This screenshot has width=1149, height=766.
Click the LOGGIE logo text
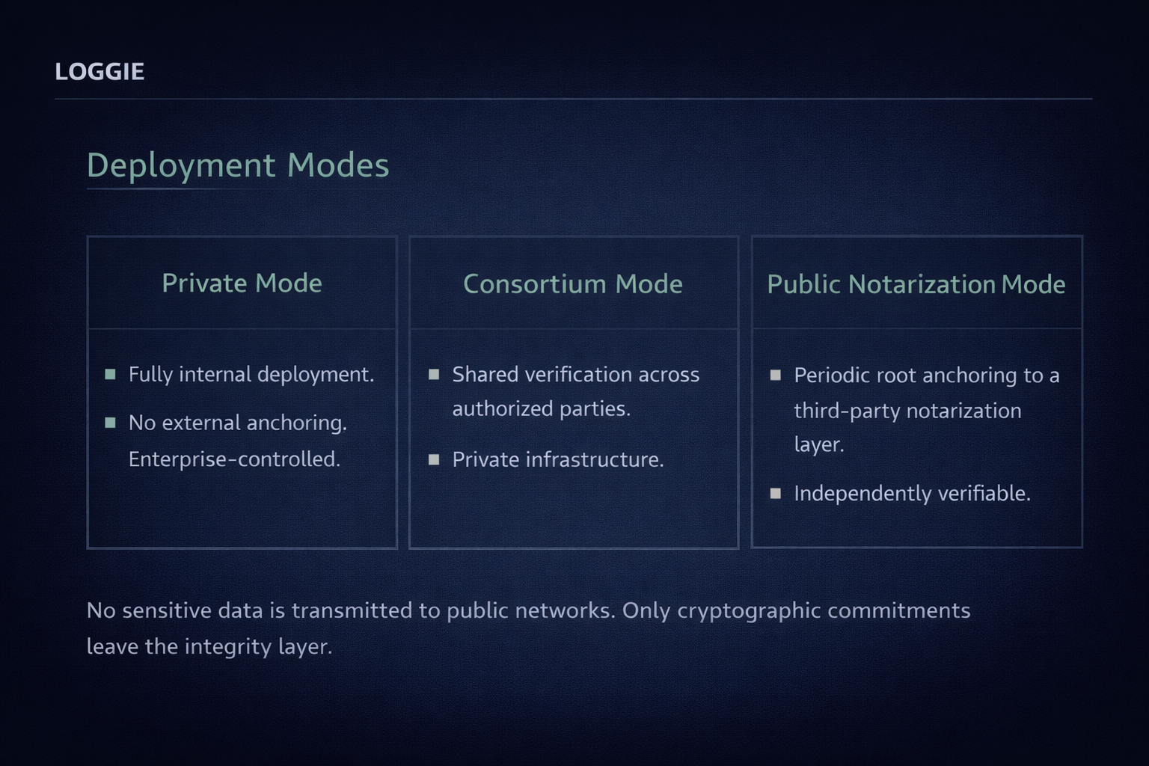coord(99,72)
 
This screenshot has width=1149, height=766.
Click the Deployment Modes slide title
coord(238,165)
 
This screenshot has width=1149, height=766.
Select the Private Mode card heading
coord(242,284)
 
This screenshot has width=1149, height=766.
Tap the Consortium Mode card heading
coord(572,284)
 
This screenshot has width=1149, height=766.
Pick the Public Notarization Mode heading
coord(916,284)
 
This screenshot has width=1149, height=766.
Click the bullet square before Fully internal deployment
coord(111,374)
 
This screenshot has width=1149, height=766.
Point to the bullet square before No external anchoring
coord(111,423)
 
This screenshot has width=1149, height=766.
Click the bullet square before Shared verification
coord(434,374)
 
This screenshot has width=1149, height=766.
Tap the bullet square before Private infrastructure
coord(434,459)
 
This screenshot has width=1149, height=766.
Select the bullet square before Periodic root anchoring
coord(776,375)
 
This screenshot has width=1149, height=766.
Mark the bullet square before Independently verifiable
coord(776,494)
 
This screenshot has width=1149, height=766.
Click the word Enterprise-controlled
coord(234,459)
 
